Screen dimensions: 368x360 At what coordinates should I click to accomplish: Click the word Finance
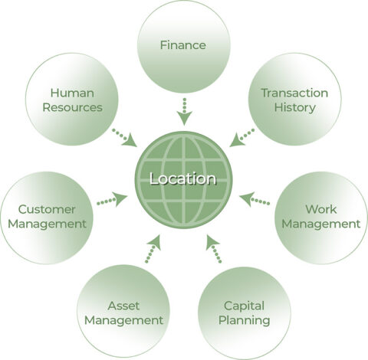[x=182, y=45]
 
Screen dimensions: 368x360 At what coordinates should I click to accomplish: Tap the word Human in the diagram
[x=72, y=93]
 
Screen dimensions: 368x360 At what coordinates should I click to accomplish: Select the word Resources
[x=72, y=107]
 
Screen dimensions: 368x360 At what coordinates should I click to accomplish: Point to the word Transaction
[x=294, y=93]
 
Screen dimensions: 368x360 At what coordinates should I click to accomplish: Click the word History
[x=295, y=108]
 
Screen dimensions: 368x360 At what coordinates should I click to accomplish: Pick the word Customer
[x=47, y=209]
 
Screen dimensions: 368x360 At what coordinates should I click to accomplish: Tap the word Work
[x=321, y=209]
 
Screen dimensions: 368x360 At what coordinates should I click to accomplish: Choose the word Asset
[x=123, y=306]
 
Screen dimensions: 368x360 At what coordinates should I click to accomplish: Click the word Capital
[x=244, y=306]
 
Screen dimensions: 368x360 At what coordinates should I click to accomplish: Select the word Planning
[x=245, y=321]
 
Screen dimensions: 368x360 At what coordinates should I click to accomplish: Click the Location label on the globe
[x=182, y=178]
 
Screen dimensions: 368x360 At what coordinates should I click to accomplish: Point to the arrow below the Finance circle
[x=184, y=112]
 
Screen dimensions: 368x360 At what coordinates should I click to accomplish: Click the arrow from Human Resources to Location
[x=125, y=138]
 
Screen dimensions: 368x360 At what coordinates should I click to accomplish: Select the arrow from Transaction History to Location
[x=242, y=138]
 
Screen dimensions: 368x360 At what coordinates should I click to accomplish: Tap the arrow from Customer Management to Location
[x=112, y=200]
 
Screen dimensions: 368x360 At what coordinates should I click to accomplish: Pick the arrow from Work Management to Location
[x=255, y=199]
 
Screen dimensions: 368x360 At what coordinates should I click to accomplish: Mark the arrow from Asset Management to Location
[x=153, y=249]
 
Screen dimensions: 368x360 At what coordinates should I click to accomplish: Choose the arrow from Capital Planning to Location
[x=213, y=249]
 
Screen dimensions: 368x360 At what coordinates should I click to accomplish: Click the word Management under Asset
[x=123, y=321]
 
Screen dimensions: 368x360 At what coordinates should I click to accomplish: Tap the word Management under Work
[x=321, y=224]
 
